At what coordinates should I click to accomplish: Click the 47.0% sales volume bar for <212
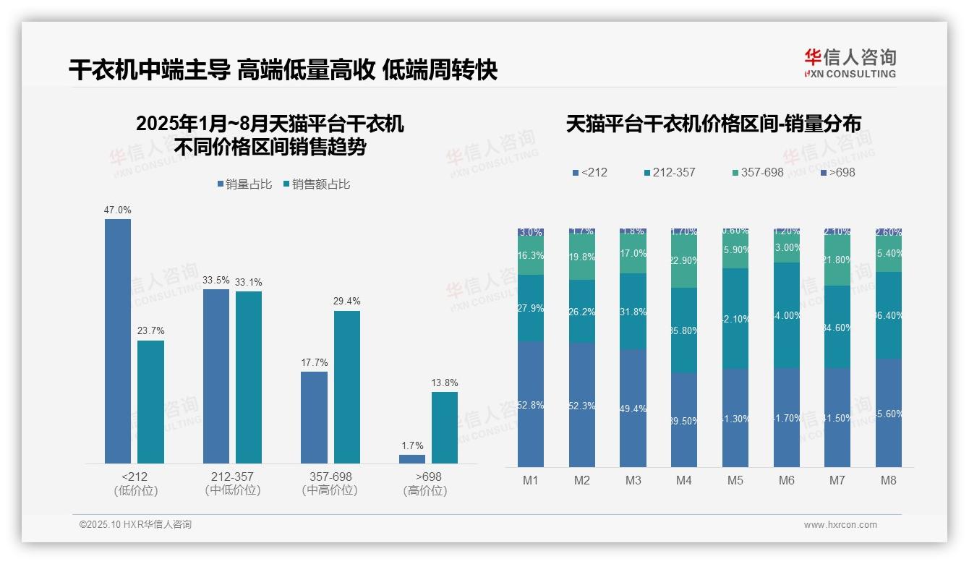click(x=118, y=341)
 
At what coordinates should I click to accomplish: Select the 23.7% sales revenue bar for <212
click(x=150, y=401)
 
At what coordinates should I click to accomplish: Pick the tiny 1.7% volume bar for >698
click(x=411, y=458)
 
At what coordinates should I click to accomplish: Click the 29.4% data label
click(x=346, y=301)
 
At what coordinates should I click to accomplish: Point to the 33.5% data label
click(x=215, y=280)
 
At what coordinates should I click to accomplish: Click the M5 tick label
click(x=735, y=480)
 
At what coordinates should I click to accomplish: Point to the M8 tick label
click(x=888, y=480)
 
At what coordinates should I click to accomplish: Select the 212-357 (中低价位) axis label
click(x=232, y=483)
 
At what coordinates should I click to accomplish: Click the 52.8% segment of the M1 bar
click(x=531, y=404)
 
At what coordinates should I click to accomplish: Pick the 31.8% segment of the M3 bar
click(x=633, y=311)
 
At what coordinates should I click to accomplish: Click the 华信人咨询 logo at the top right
click(x=850, y=63)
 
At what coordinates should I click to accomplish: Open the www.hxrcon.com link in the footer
click(x=840, y=525)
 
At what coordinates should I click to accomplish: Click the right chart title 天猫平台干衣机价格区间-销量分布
click(x=713, y=124)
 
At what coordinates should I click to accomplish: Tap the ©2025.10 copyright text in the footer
click(x=135, y=525)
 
